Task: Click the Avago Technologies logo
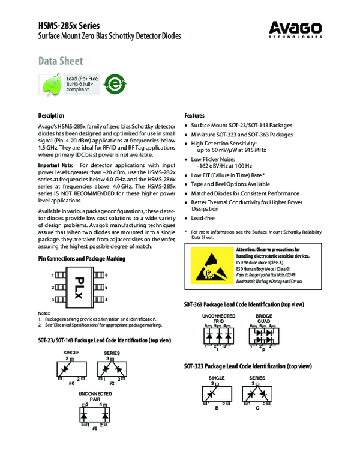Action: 295,29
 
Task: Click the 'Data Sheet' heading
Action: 61,61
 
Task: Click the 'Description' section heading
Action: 51,115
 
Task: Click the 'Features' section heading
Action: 194,115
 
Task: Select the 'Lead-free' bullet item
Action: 204,220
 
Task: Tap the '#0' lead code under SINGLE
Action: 71,383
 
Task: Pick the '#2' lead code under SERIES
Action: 112,383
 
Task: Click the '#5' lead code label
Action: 94,429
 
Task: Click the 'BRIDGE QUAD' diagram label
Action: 263,318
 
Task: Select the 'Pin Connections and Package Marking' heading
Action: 82,258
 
